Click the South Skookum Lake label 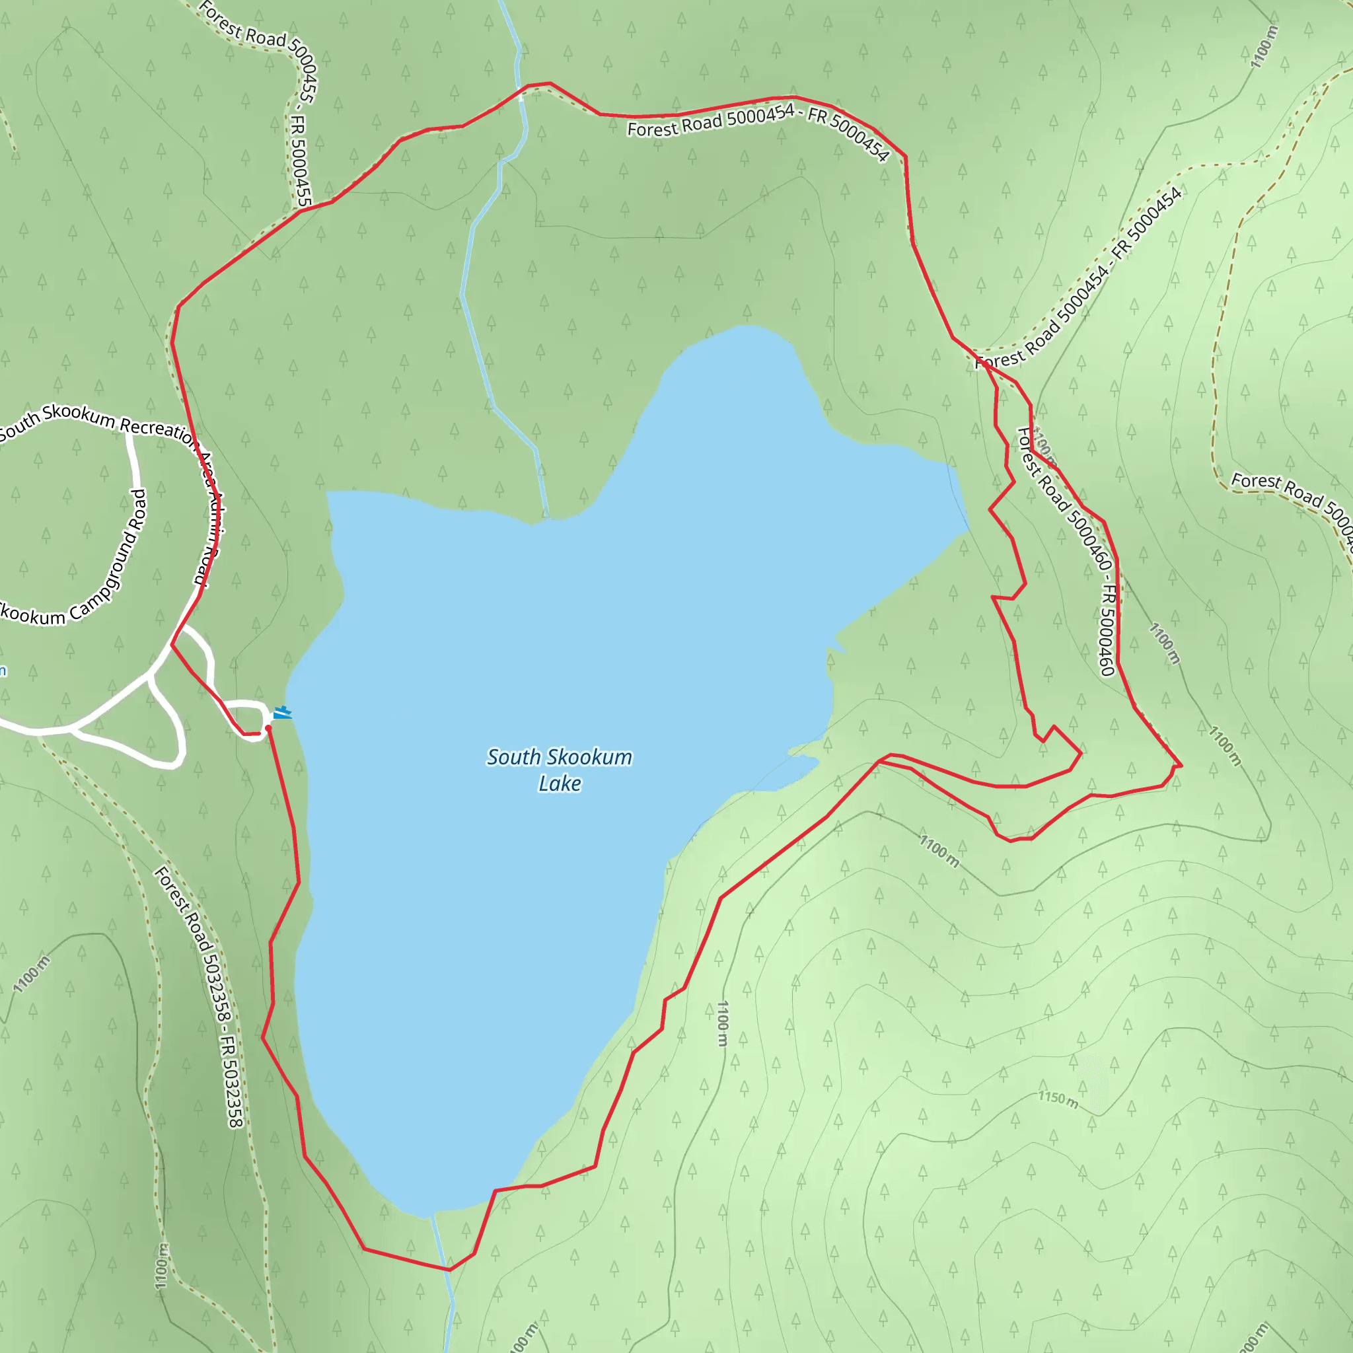[x=559, y=770]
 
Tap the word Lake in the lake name [x=559, y=784]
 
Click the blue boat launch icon [x=281, y=713]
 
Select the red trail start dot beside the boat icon [x=268, y=728]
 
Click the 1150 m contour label [x=1058, y=1099]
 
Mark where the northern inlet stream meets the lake [x=546, y=518]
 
